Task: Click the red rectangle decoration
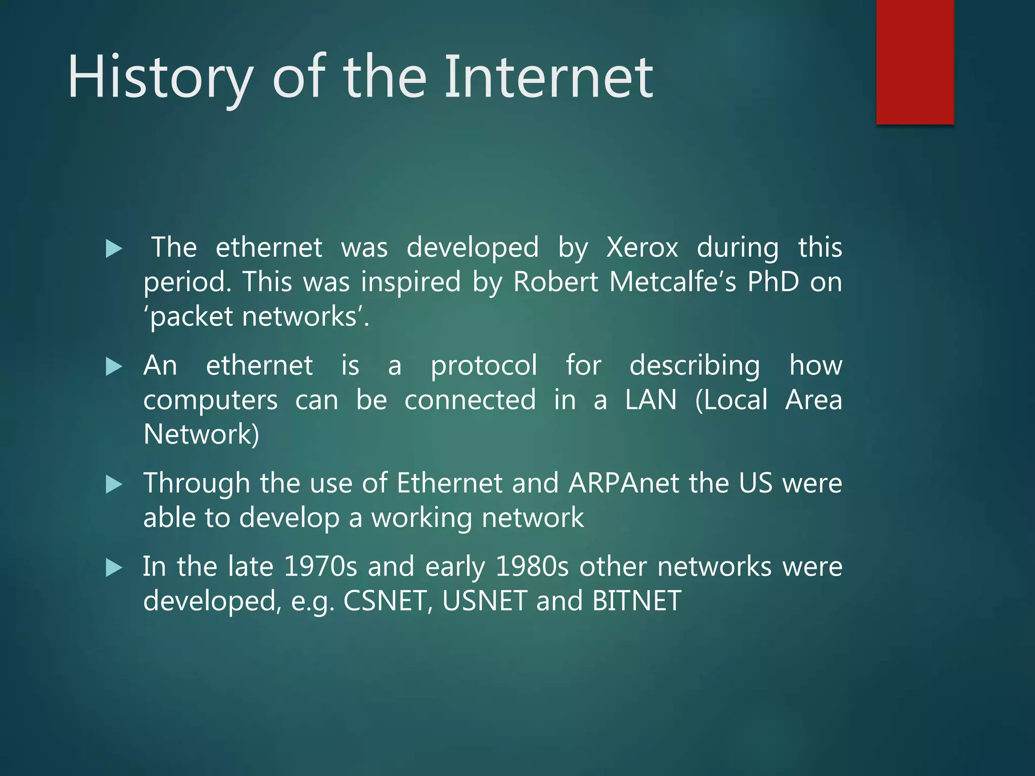coord(915,62)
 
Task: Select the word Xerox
coord(642,248)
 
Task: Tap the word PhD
coord(773,282)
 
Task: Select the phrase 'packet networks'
coord(256,317)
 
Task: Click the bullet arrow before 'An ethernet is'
coord(114,367)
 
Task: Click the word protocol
coord(484,366)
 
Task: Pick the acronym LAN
coord(650,400)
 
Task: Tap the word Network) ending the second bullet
coord(201,434)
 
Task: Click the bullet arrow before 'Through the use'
coord(114,485)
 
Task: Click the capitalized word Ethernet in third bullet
coord(449,483)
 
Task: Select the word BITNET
coord(636,601)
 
